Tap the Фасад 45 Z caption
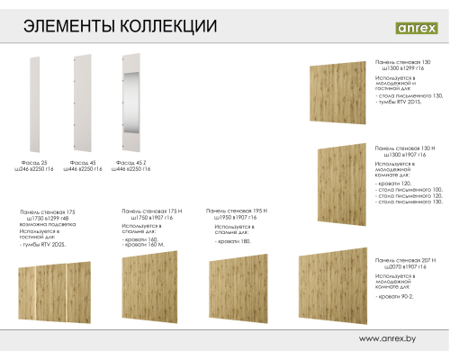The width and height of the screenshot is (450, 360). tap(130, 163)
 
